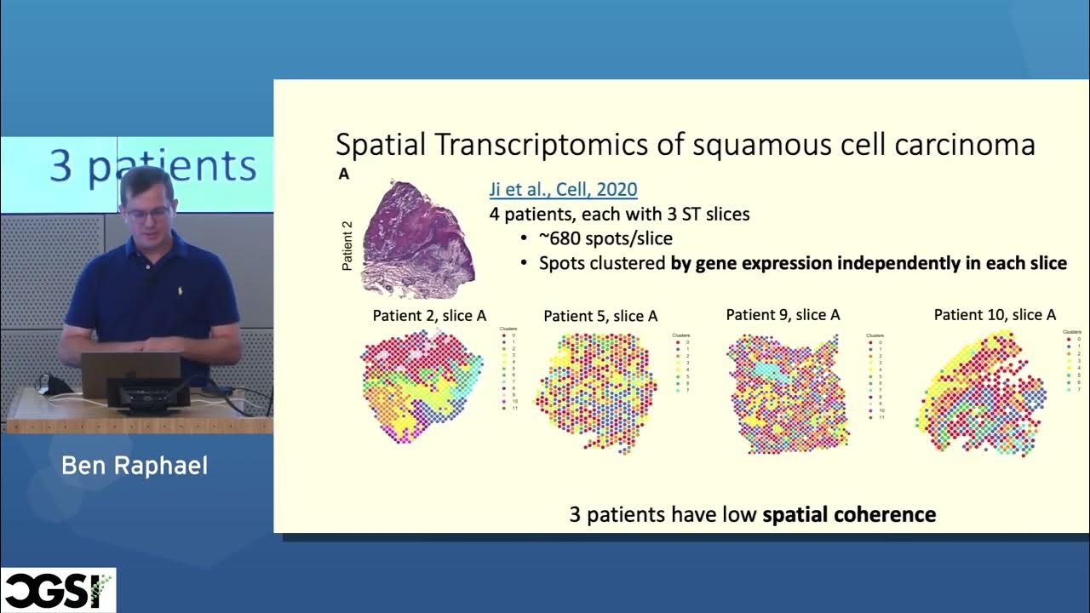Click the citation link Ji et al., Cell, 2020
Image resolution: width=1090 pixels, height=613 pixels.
pos(563,190)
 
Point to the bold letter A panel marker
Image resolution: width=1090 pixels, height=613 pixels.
pos(344,175)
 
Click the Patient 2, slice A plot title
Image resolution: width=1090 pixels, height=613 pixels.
pos(429,316)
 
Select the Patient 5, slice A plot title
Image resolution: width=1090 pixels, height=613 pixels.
pos(600,316)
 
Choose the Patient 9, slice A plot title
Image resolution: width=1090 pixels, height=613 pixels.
pos(783,315)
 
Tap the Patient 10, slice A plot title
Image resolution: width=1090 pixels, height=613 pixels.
pos(995,315)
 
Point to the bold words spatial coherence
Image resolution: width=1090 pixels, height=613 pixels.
pos(849,515)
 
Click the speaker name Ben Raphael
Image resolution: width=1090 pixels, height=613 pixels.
pos(135,466)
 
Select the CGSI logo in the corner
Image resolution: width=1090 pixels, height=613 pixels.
pos(57,590)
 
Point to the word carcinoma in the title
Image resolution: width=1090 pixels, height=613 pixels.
pos(964,145)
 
